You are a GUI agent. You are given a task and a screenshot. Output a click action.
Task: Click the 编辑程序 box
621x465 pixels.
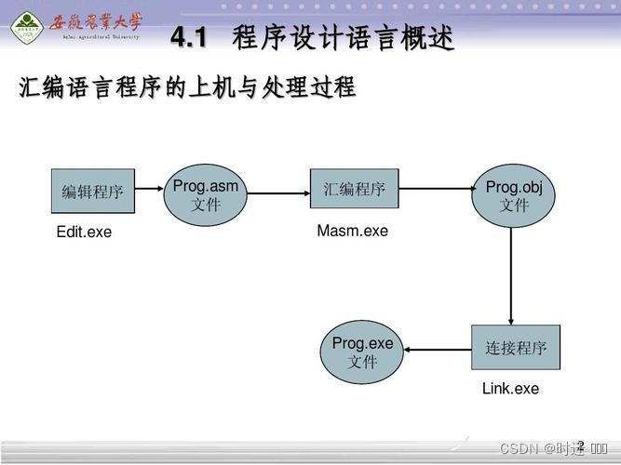(x=92, y=192)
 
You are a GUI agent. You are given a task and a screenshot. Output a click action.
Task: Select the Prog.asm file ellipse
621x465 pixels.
(x=206, y=194)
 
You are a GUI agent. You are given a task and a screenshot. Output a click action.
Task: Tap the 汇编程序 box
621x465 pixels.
(x=354, y=189)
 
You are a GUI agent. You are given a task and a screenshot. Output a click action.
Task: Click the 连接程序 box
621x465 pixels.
(x=515, y=349)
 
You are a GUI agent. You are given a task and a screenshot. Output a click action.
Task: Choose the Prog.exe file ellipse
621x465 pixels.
(x=362, y=352)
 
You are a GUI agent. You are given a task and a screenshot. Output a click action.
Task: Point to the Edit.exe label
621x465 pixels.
(x=84, y=232)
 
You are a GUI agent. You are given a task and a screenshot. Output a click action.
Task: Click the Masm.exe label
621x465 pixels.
(x=352, y=231)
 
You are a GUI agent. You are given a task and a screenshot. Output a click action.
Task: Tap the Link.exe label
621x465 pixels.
(x=510, y=389)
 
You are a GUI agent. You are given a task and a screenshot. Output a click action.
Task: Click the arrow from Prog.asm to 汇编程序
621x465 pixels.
(x=278, y=194)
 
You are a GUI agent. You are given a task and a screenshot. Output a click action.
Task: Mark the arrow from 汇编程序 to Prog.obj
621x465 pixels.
(x=436, y=189)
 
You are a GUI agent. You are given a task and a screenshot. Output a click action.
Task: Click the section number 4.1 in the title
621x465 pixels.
(x=189, y=39)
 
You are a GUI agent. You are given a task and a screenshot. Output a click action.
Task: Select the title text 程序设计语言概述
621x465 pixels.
(x=344, y=39)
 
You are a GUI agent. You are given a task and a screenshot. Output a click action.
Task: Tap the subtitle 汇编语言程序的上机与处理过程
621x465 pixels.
(x=187, y=87)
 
